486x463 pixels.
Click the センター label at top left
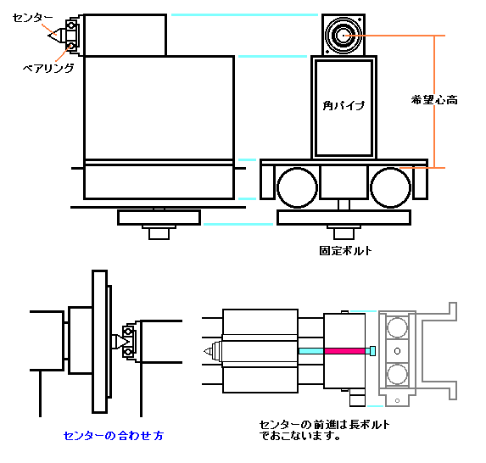point(32,18)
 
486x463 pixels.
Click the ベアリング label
point(48,68)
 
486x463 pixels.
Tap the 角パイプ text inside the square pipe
point(344,105)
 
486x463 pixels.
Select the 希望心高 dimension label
point(434,100)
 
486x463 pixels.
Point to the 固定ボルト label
point(345,250)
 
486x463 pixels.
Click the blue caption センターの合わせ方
point(114,436)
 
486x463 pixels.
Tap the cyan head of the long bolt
point(372,351)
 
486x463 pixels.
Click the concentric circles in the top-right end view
point(344,36)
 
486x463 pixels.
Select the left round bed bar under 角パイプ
point(297,187)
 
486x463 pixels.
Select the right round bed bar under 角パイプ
point(390,187)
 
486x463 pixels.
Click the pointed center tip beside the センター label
point(53,36)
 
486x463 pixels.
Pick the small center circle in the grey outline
point(397,351)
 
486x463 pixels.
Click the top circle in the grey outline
point(397,327)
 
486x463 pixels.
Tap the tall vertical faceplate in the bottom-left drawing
point(99,342)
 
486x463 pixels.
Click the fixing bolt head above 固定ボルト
point(344,234)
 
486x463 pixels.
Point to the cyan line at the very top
point(244,15)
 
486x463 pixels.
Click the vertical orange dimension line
point(434,102)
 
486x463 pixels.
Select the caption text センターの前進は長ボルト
point(324,424)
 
